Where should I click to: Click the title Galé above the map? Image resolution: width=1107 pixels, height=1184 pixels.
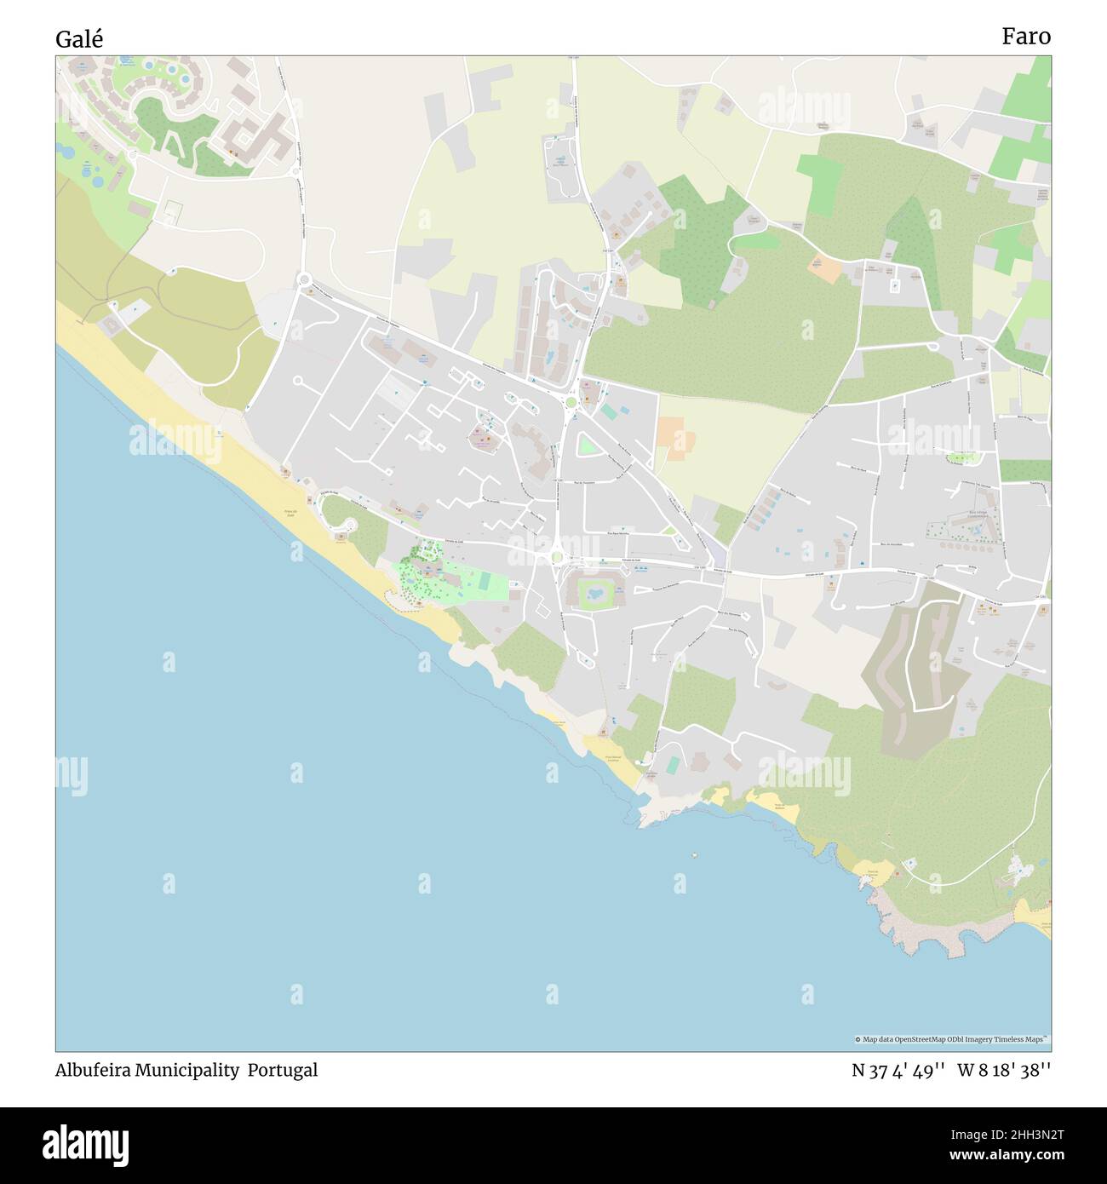tap(80, 39)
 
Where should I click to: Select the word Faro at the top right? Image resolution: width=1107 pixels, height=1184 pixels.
tap(1025, 37)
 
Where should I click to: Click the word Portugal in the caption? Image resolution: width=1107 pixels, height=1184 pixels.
tap(283, 1071)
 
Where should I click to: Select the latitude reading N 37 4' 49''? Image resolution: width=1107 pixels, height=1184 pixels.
tap(898, 1071)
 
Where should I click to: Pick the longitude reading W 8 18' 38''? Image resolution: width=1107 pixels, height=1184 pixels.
tap(1004, 1071)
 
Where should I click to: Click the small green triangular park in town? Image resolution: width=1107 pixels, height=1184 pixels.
tap(587, 444)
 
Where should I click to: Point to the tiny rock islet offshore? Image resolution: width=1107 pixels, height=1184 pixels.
tap(694, 854)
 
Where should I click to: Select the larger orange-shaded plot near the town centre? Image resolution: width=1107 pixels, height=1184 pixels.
tap(675, 438)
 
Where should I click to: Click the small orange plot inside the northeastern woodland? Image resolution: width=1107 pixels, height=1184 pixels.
tap(825, 270)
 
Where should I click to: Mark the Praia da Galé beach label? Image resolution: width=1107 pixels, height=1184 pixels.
tap(290, 514)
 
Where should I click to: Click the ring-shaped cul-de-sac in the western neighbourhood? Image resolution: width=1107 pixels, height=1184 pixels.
tap(298, 380)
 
